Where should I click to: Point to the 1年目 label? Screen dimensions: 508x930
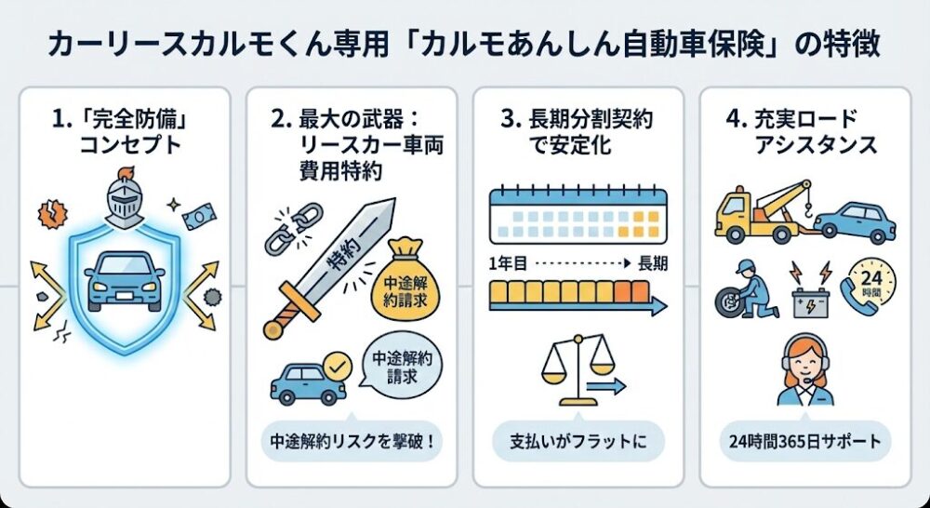[510, 263]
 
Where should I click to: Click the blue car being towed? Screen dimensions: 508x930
[855, 221]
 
